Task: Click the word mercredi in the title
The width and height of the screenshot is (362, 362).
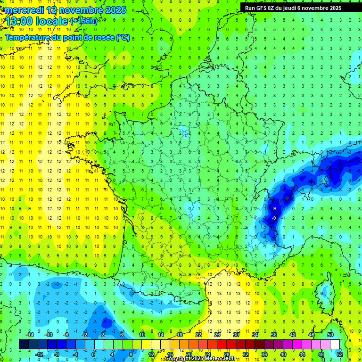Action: point(24,10)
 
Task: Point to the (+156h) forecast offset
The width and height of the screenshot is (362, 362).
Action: point(84,21)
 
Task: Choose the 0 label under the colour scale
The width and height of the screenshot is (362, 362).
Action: point(93,354)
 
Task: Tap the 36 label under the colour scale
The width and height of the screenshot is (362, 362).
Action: point(264,354)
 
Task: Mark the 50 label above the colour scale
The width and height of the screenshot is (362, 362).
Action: point(330,335)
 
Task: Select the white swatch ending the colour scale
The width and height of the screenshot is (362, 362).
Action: point(335,345)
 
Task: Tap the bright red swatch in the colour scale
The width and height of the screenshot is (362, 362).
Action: point(222,345)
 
